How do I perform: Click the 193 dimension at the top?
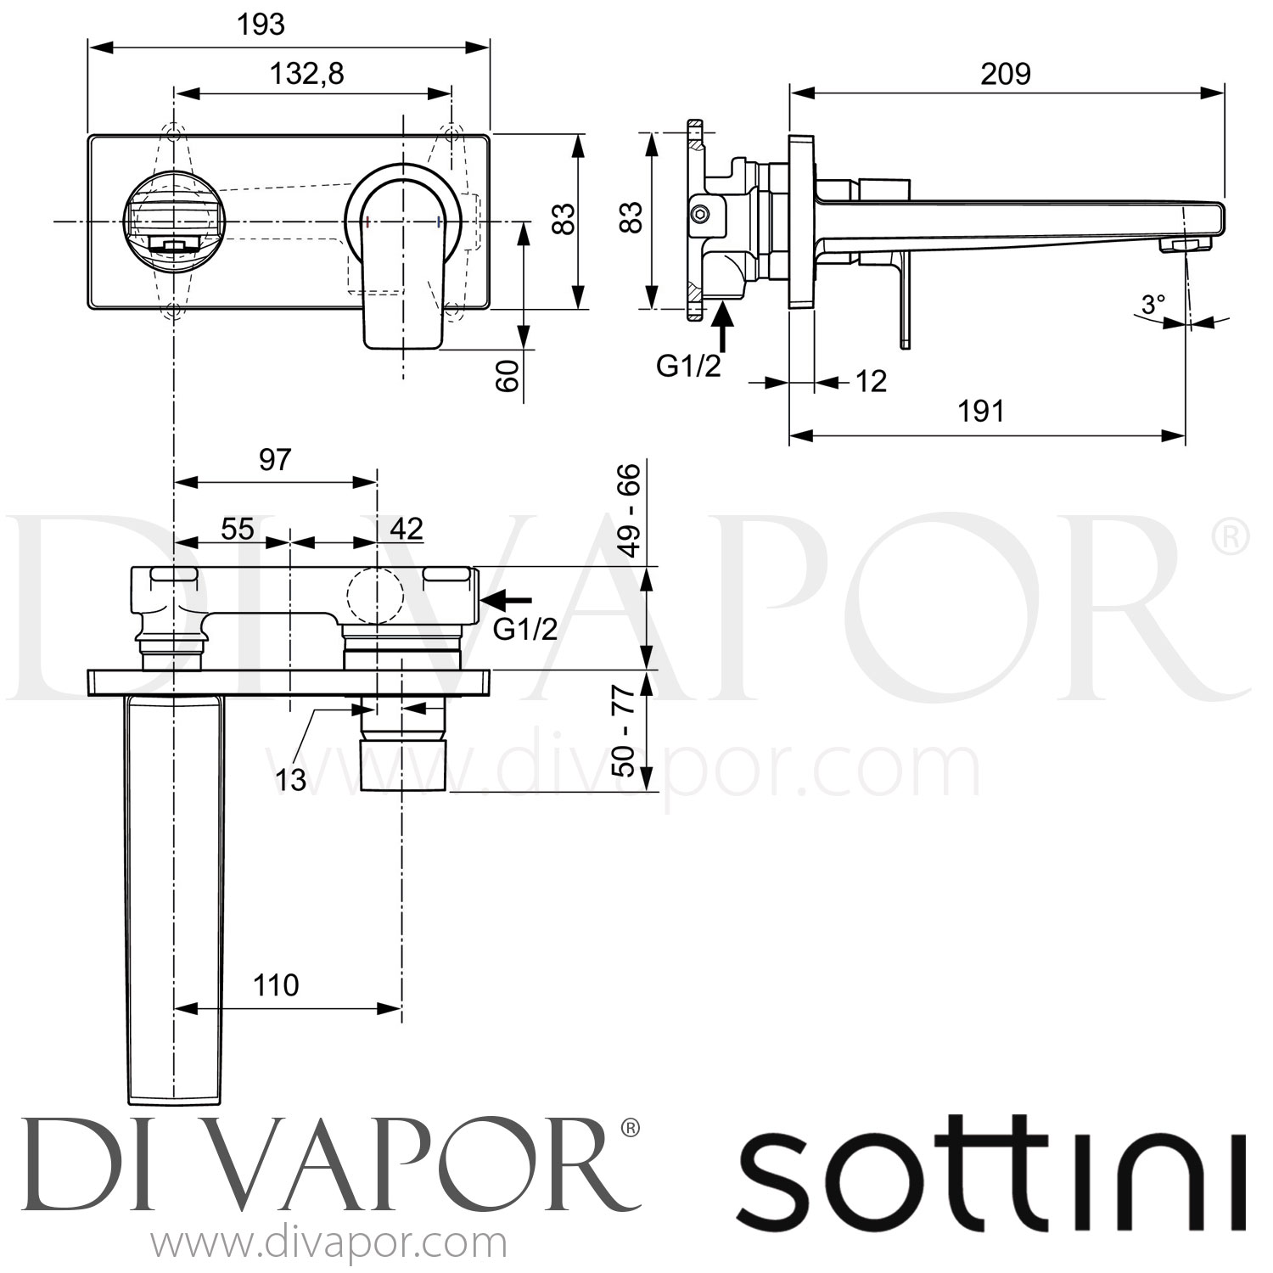[x=261, y=25]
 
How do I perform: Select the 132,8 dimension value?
[x=307, y=75]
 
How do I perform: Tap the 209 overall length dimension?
[x=1006, y=75]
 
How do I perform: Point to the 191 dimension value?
[x=981, y=412]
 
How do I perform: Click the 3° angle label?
[x=1152, y=305]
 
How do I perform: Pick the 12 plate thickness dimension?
[x=871, y=382]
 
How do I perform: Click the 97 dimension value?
[x=275, y=460]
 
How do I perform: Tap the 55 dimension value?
[x=238, y=530]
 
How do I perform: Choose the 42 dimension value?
[x=406, y=530]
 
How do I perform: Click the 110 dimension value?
[x=276, y=985]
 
